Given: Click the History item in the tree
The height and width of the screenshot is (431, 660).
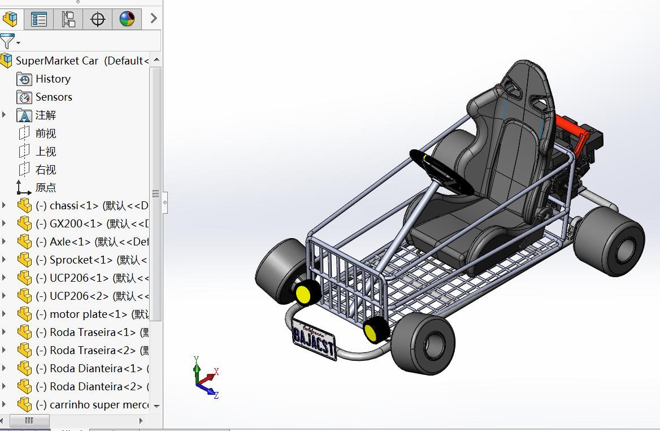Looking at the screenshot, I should (x=53, y=79).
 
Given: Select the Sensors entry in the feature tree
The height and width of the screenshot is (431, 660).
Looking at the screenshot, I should (x=54, y=97).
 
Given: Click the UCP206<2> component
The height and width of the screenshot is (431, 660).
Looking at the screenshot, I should (x=79, y=296).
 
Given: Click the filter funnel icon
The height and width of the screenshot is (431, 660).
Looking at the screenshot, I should (x=7, y=41).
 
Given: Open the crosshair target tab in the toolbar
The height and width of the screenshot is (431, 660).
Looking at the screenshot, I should (x=98, y=19).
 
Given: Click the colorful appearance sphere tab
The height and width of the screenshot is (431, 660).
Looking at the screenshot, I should (x=127, y=19).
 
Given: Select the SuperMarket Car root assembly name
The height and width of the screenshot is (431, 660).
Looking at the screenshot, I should (x=57, y=61).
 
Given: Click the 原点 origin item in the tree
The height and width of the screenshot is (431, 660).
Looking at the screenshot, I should (x=45, y=188).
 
